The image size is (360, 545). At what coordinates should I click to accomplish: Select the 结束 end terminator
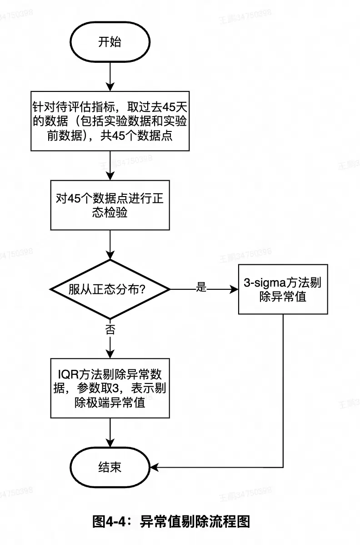(x=110, y=467)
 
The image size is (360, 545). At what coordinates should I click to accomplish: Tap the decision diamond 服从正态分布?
(x=110, y=289)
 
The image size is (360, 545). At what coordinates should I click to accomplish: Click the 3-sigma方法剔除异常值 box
(x=283, y=289)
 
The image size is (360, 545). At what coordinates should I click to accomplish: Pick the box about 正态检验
(x=110, y=206)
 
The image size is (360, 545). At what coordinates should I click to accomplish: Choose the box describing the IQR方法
(x=110, y=388)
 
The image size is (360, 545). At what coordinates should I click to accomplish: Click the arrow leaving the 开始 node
(x=110, y=75)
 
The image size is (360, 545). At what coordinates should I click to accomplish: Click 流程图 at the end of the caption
(x=234, y=521)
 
